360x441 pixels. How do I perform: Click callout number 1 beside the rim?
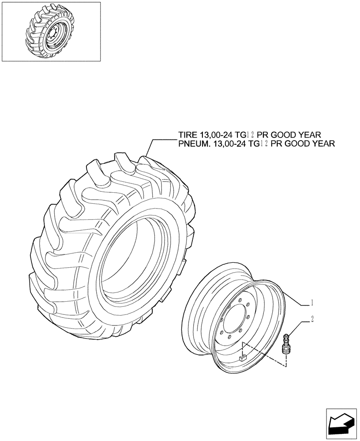click(x=312, y=303)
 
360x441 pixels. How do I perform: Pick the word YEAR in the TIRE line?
click(x=312, y=135)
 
